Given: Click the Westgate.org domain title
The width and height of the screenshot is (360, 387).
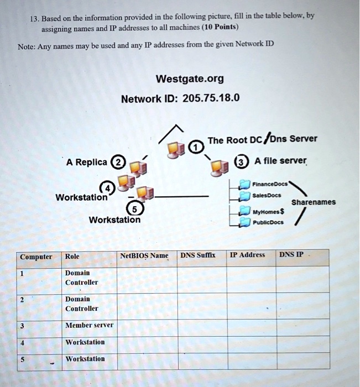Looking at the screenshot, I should [190, 79].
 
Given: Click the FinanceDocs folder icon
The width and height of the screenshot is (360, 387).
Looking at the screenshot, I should [244, 184].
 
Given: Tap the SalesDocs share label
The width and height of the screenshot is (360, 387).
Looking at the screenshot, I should [268, 195].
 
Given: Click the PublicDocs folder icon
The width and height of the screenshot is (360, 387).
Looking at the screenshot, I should [244, 223].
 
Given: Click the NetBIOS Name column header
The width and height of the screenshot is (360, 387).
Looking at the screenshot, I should [143, 255].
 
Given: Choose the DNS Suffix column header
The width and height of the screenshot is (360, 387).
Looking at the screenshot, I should [197, 255].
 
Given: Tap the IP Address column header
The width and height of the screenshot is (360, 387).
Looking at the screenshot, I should [247, 255].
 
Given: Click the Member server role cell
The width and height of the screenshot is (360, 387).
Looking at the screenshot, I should [89, 325].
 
